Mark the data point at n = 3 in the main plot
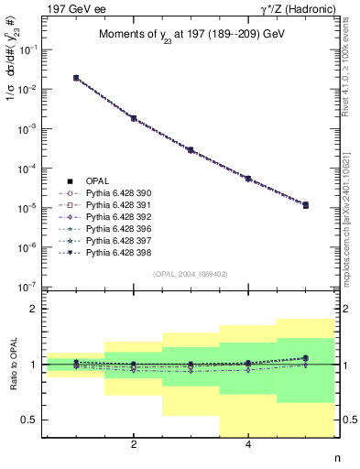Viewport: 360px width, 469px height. click(x=191, y=149)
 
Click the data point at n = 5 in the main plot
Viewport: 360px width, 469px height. click(x=305, y=205)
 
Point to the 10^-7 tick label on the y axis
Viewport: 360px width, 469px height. click(x=34, y=288)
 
